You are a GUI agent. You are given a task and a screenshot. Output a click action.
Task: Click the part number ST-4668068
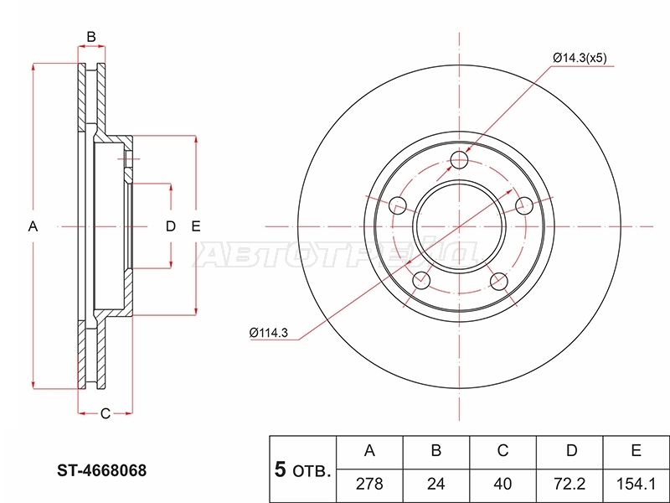point(101,470)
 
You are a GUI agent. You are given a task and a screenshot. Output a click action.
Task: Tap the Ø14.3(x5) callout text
point(580,58)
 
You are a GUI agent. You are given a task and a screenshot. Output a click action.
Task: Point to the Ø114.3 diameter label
point(268,332)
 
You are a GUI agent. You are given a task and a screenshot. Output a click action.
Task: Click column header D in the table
point(571,451)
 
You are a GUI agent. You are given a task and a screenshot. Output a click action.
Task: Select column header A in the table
point(369,451)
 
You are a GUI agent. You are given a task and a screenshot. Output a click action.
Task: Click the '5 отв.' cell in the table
point(303,469)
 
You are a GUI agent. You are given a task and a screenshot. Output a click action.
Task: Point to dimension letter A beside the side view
point(33,226)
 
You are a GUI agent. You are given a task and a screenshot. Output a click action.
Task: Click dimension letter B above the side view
point(91,37)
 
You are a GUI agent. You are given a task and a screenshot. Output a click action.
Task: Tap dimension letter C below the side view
point(106,413)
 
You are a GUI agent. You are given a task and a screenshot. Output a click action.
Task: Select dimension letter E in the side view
point(196,226)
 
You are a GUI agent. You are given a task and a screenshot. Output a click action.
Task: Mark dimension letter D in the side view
point(171,226)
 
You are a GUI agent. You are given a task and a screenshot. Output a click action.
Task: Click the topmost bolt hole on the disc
point(459,160)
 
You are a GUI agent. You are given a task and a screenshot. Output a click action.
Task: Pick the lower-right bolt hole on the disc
point(498,282)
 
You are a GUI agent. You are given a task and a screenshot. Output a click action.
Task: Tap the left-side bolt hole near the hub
point(399,205)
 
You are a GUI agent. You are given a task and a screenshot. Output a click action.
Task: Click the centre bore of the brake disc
point(459,226)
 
